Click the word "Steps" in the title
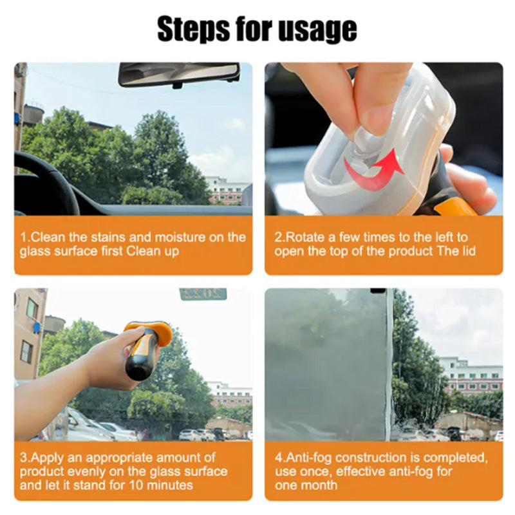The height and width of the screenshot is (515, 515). (193, 30)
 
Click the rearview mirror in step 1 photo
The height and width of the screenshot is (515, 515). (179, 75)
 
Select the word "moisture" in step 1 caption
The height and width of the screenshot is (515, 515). (180, 237)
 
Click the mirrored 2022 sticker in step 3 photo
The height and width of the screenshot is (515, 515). (203, 294)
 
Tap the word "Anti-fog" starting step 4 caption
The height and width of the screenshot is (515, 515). (309, 458)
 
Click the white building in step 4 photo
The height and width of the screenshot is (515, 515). (471, 375)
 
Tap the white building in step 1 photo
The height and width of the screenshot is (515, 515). (227, 191)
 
